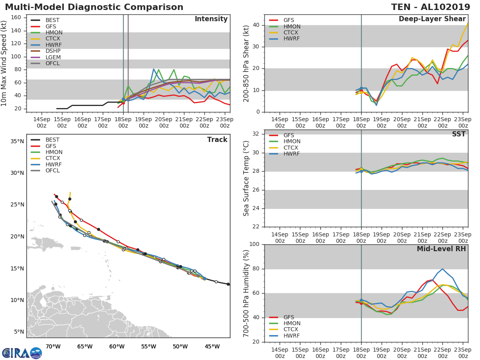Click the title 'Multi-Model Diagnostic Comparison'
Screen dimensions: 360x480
(94, 7)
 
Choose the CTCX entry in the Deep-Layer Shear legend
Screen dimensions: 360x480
(292, 33)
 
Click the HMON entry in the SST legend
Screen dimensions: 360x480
(292, 142)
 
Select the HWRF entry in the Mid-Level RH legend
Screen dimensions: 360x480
(292, 336)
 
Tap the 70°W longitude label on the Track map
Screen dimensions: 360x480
(53, 346)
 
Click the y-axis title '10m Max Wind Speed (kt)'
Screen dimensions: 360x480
(4, 63)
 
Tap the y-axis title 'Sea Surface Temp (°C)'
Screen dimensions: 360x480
(246, 178)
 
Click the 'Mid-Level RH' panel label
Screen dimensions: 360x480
(441, 249)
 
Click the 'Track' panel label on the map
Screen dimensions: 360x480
(217, 140)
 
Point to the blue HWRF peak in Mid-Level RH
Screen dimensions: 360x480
(442, 269)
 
